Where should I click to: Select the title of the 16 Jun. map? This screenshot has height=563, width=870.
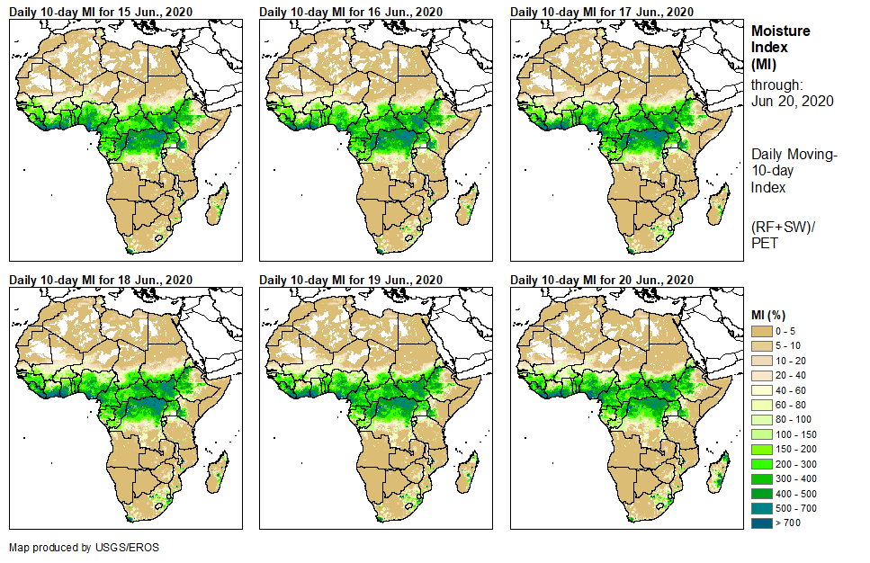[x=351, y=12]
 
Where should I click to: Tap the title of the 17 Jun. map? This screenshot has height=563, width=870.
[x=602, y=12]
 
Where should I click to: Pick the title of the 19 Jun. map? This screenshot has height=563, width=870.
[x=351, y=280]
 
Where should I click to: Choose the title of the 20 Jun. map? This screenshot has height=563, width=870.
[x=602, y=280]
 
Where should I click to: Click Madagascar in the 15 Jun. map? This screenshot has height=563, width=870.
[x=220, y=203]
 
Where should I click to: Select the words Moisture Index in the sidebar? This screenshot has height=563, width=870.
[x=780, y=39]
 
